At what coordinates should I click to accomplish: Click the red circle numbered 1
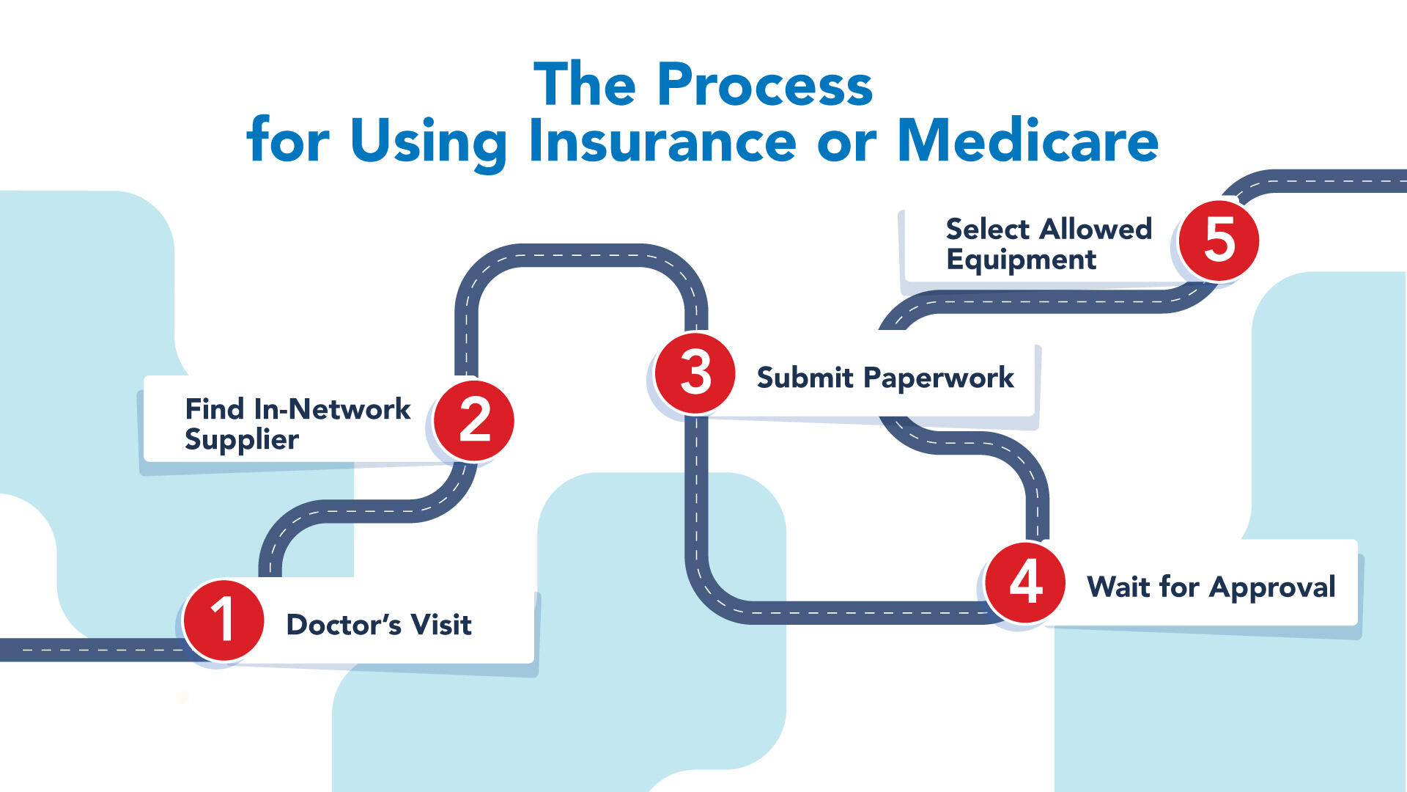[x=224, y=620]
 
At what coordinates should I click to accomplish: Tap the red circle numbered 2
[x=474, y=420]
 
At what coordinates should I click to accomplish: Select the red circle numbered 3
[x=695, y=373]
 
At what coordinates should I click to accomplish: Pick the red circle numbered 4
[x=1025, y=583]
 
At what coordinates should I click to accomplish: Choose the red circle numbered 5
[x=1219, y=241]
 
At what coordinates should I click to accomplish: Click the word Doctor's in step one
[x=344, y=625]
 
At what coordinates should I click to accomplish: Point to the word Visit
[x=440, y=625]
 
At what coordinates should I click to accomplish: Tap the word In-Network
[x=332, y=409]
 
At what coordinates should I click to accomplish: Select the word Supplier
[x=242, y=440]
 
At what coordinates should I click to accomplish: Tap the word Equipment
[x=1021, y=260]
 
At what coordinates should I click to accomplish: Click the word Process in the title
[x=764, y=85]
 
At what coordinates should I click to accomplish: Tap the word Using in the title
[x=428, y=142]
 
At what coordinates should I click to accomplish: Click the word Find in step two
[x=214, y=409]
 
